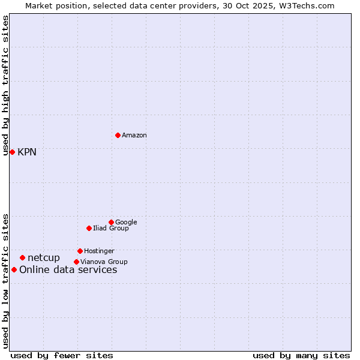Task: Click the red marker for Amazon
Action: [x=118, y=135]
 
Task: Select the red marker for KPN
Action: [x=12, y=152]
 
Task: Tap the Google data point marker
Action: [x=111, y=222]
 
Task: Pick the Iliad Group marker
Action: [x=89, y=228]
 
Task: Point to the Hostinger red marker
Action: [x=80, y=251]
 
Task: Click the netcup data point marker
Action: [x=22, y=257]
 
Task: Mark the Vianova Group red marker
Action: [x=76, y=262]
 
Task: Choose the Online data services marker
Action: [x=14, y=269]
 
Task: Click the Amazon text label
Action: [x=134, y=136]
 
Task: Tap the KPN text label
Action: [x=27, y=152]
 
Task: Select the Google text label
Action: [x=126, y=223]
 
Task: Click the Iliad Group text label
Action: [x=111, y=229]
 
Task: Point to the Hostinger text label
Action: [x=99, y=251]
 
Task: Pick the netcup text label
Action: [x=44, y=258]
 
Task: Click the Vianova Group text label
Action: [x=104, y=262]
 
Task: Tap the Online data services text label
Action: [x=68, y=270]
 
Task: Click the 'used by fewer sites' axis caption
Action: [x=62, y=355]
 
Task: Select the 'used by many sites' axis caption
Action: [x=301, y=355]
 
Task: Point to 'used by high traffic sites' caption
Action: [x=5, y=85]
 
